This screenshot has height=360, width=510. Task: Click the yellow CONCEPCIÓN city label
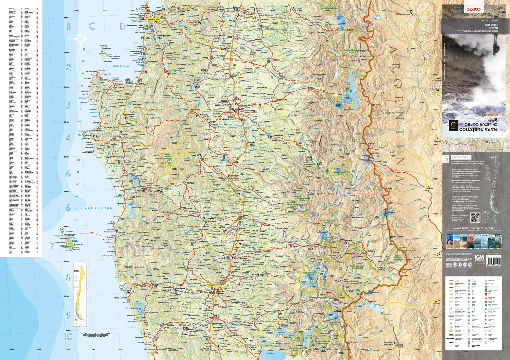coord(153,19)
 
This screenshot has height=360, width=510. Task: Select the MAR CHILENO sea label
coord(98,208)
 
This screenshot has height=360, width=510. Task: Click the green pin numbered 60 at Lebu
coord(84,134)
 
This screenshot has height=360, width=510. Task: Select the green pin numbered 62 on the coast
coord(121,287)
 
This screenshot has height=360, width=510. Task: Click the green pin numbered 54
coord(327,23)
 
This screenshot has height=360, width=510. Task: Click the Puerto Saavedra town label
coord(120,298)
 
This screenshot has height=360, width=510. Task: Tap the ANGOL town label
coord(195,155)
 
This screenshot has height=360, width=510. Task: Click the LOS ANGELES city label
coord(237,109)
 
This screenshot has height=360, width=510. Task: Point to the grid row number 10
coord(68,336)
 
